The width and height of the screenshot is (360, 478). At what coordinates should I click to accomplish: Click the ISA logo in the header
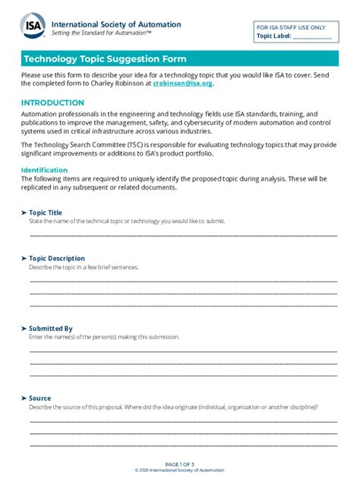[33, 27]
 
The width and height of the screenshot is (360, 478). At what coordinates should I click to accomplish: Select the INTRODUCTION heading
[52, 102]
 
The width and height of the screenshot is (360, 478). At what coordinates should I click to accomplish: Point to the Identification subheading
[44, 170]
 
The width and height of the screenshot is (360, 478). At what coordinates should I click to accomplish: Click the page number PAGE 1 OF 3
[180, 464]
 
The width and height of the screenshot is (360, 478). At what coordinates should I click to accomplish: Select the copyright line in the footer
[180, 470]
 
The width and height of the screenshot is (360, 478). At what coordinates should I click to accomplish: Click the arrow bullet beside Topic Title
[24, 212]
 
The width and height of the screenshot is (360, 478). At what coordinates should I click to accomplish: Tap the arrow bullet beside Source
[24, 398]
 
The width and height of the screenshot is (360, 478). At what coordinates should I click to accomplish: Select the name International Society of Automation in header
[116, 24]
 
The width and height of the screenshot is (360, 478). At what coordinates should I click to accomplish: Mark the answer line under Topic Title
[182, 234]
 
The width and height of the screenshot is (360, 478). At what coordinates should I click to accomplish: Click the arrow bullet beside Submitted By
[24, 329]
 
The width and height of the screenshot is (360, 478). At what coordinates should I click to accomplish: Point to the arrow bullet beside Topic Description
[24, 258]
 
